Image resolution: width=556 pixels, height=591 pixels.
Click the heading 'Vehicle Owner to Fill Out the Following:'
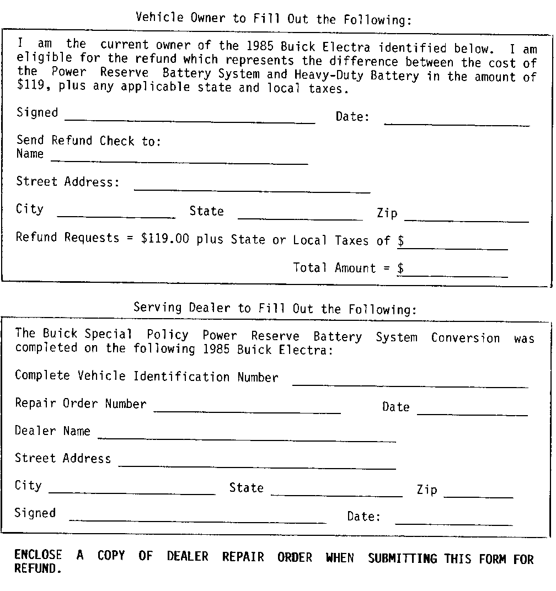point(274,19)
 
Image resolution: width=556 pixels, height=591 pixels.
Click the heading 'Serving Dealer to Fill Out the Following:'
point(275,308)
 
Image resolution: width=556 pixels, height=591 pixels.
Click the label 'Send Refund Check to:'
point(89,141)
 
